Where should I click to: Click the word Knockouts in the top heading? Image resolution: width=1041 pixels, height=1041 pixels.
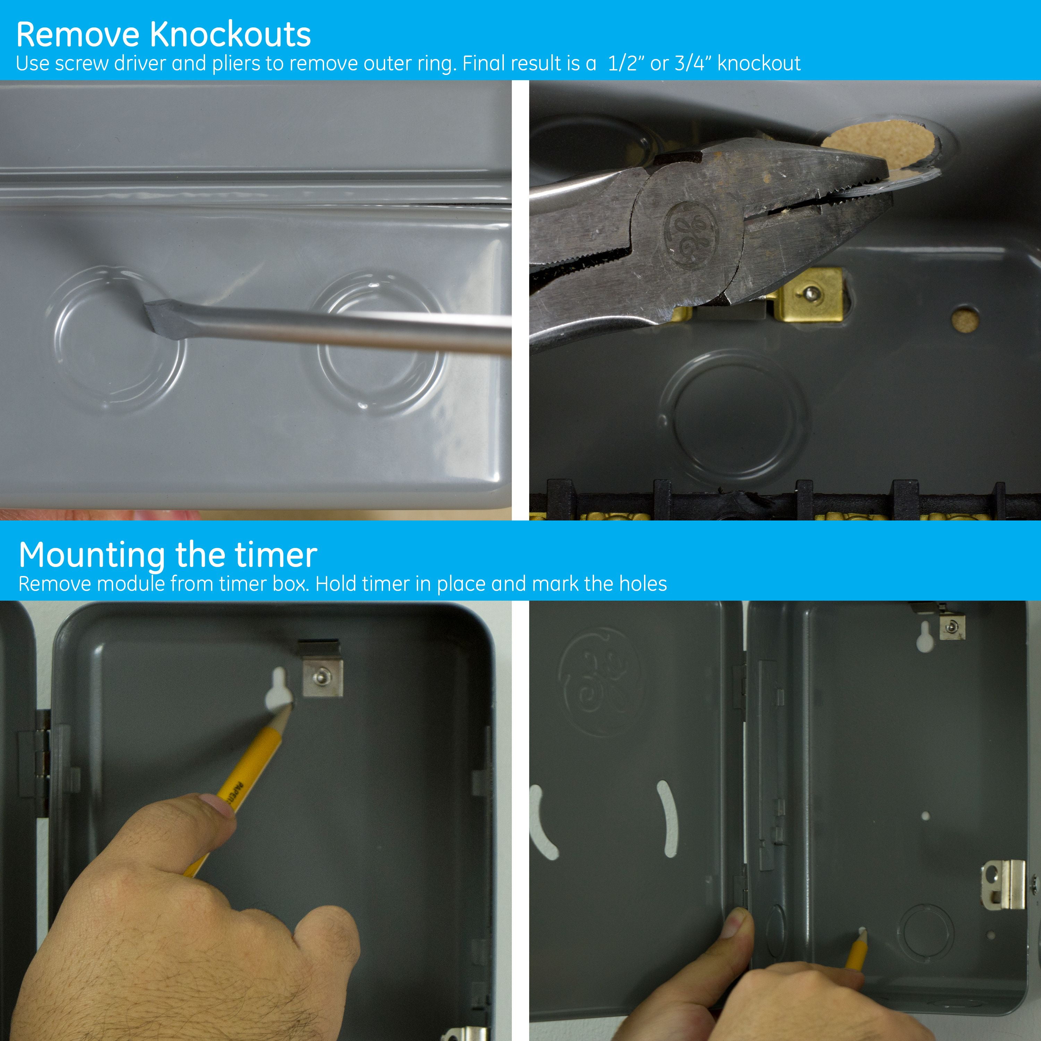(x=230, y=34)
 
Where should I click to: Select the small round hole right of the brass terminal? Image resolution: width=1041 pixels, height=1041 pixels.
(x=965, y=319)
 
